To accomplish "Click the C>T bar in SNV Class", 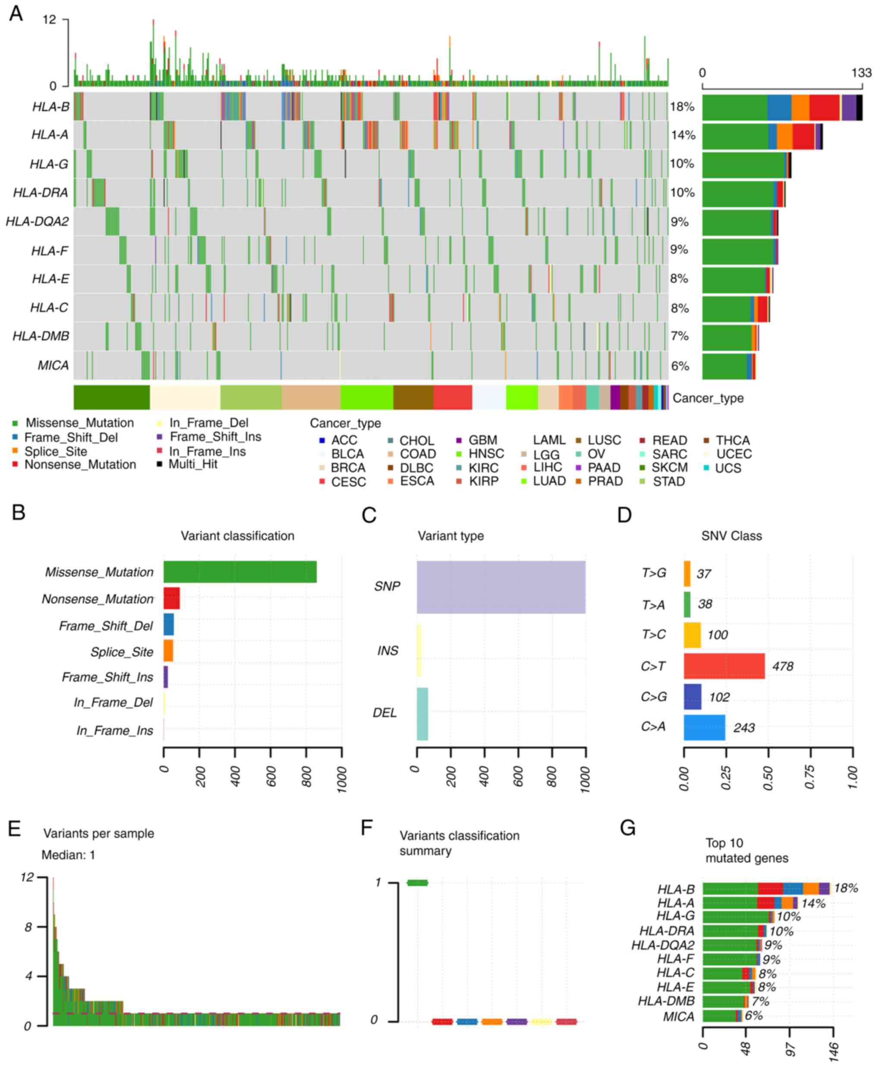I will click(723, 666).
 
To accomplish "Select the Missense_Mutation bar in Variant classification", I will click(240, 571).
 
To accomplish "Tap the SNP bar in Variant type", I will click(501, 587).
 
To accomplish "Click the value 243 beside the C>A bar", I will click(744, 727).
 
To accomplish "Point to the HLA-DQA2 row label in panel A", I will click(38, 221).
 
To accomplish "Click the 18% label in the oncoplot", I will click(682, 107).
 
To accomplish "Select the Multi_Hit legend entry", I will click(192, 464).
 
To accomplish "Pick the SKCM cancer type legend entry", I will click(669, 467).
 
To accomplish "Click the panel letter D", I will click(625, 515).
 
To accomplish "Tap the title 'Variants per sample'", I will click(98, 833).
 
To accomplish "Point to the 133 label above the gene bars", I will click(861, 73).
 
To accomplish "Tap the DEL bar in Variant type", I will click(423, 713).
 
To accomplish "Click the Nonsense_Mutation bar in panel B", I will click(171, 598).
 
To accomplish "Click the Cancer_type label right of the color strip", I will click(708, 398).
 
